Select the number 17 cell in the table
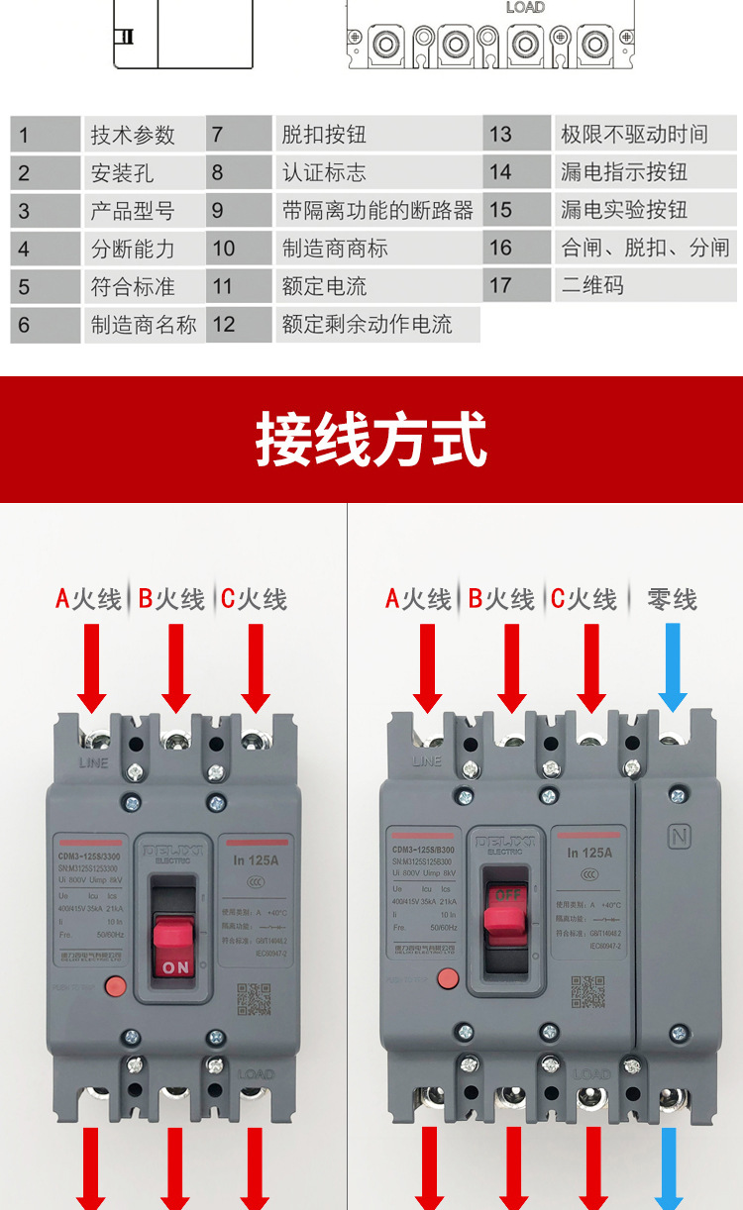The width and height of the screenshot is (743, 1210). click(x=516, y=285)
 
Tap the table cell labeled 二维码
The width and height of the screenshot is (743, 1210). click(x=645, y=285)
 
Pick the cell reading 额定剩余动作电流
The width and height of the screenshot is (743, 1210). click(x=376, y=324)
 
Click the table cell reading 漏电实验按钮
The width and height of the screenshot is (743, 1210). click(x=645, y=210)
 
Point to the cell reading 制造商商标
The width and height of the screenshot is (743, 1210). click(x=376, y=248)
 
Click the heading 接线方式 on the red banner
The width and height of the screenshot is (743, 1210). click(x=371, y=440)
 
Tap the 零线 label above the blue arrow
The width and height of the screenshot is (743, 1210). click(x=672, y=599)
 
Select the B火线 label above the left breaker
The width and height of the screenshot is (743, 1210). click(x=171, y=599)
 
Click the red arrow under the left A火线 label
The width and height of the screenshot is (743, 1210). click(x=91, y=667)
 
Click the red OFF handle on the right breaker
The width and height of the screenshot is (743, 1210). click(x=506, y=905)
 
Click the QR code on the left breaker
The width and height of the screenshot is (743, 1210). click(x=253, y=999)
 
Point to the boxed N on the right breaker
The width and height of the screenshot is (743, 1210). click(x=679, y=835)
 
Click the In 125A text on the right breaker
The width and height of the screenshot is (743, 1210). click(x=589, y=852)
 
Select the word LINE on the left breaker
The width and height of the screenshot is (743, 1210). click(x=93, y=762)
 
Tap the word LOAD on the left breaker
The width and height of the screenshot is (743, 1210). click(x=256, y=1073)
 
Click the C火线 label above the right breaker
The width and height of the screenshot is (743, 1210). click(x=584, y=599)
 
